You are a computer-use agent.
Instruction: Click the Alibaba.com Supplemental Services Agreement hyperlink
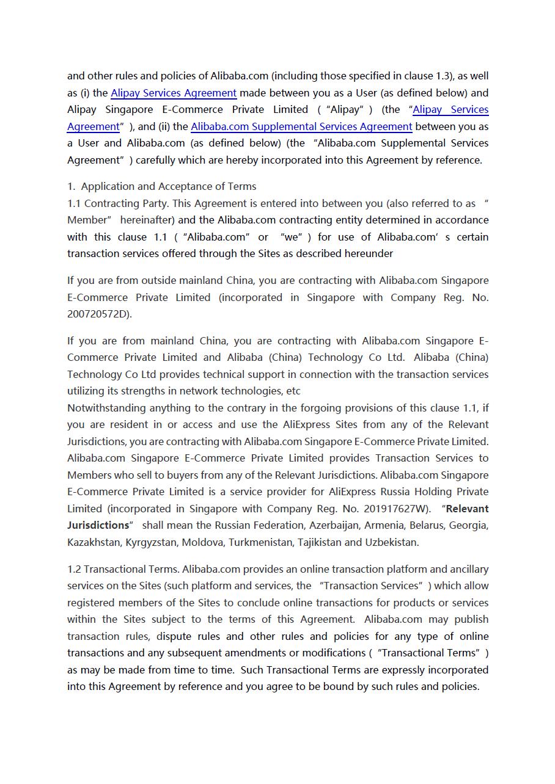click(301, 126)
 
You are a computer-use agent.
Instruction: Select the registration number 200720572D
click(98, 314)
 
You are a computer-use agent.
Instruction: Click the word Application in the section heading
click(107, 186)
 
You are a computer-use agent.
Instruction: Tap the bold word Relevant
click(468, 509)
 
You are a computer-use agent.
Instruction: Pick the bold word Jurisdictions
click(98, 525)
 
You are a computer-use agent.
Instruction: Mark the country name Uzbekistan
click(391, 542)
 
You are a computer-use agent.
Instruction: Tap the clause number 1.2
click(74, 569)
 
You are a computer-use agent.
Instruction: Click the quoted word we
click(292, 237)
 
